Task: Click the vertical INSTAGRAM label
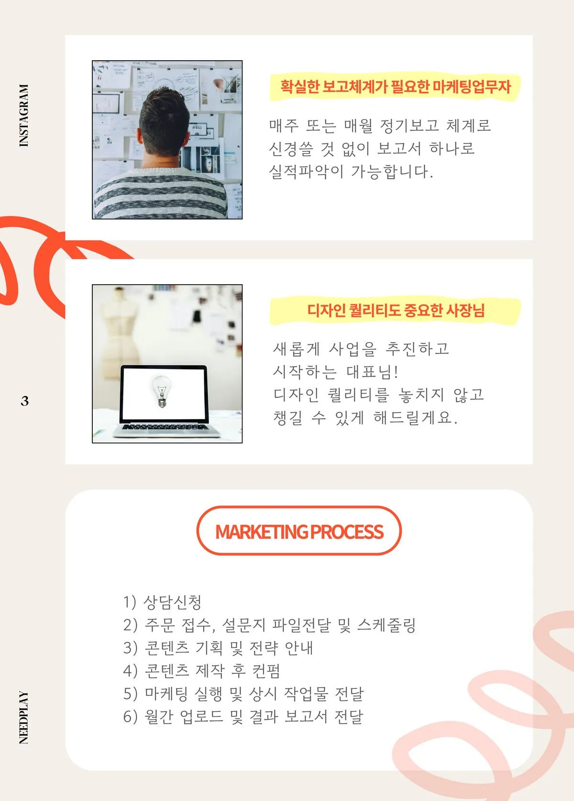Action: pos(23,115)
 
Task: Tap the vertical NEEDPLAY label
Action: pos(23,717)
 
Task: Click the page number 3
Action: pos(25,400)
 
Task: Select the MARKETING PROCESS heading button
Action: pos(299,531)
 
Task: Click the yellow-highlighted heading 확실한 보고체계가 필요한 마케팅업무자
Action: pos(395,87)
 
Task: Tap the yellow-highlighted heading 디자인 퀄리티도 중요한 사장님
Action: pos(396,311)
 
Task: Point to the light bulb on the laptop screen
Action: pos(162,390)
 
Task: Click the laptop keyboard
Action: pos(166,427)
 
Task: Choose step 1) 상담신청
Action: pos(162,602)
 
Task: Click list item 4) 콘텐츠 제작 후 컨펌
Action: pos(201,671)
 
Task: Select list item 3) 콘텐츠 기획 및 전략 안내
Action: pos(218,648)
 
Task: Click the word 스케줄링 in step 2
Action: pos(386,625)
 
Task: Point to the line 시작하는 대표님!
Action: pos(335,372)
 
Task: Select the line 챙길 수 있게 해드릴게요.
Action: pos(365,418)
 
